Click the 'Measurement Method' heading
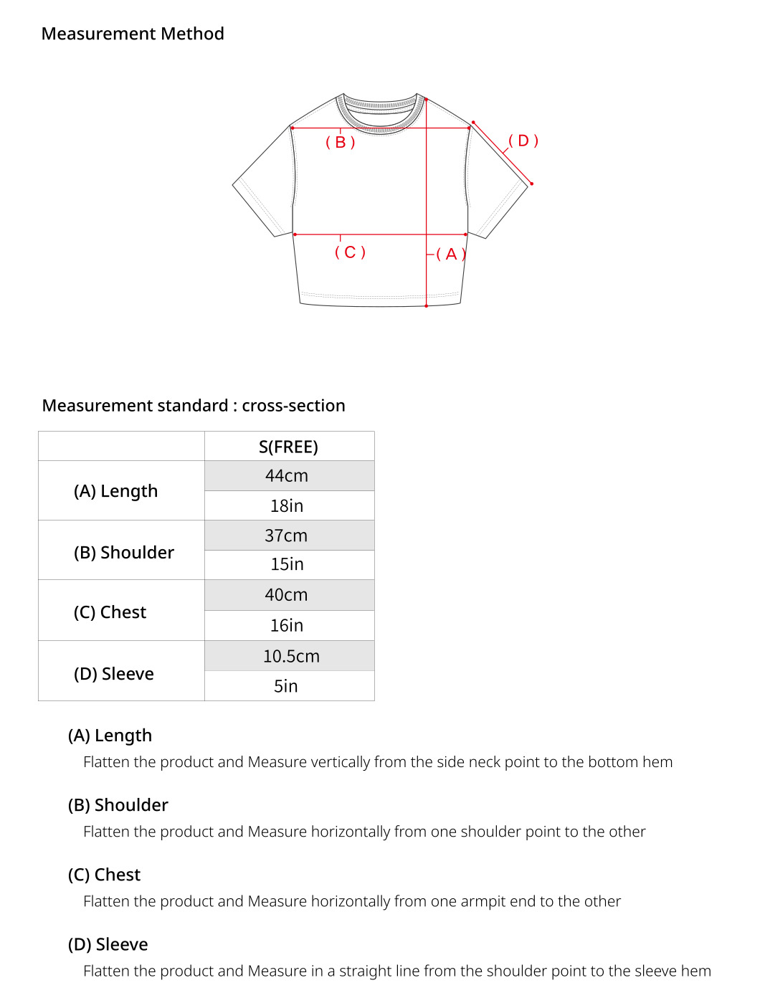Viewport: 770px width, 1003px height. [x=133, y=34]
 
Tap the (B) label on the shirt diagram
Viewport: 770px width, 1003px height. [x=341, y=142]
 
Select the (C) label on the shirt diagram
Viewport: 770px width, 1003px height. [x=350, y=252]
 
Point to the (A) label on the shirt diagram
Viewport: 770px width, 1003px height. [x=451, y=254]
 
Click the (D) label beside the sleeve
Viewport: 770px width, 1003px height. [x=523, y=141]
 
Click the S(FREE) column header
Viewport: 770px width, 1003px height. [x=288, y=447]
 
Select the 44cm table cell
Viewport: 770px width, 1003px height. [x=287, y=476]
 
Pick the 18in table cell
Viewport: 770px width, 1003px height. [x=287, y=506]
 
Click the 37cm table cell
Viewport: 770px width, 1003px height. [x=286, y=536]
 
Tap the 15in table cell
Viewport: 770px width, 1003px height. [x=287, y=565]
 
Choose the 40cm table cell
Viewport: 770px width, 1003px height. [x=286, y=595]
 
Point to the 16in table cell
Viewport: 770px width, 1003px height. [x=287, y=626]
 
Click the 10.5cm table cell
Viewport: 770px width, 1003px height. [x=291, y=656]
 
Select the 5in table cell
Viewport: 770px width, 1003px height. [x=286, y=686]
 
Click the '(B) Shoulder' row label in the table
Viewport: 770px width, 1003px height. [x=124, y=553]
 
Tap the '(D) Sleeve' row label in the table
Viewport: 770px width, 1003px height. [x=114, y=674]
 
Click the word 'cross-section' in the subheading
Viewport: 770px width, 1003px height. [x=293, y=406]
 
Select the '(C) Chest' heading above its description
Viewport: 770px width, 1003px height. [x=105, y=875]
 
